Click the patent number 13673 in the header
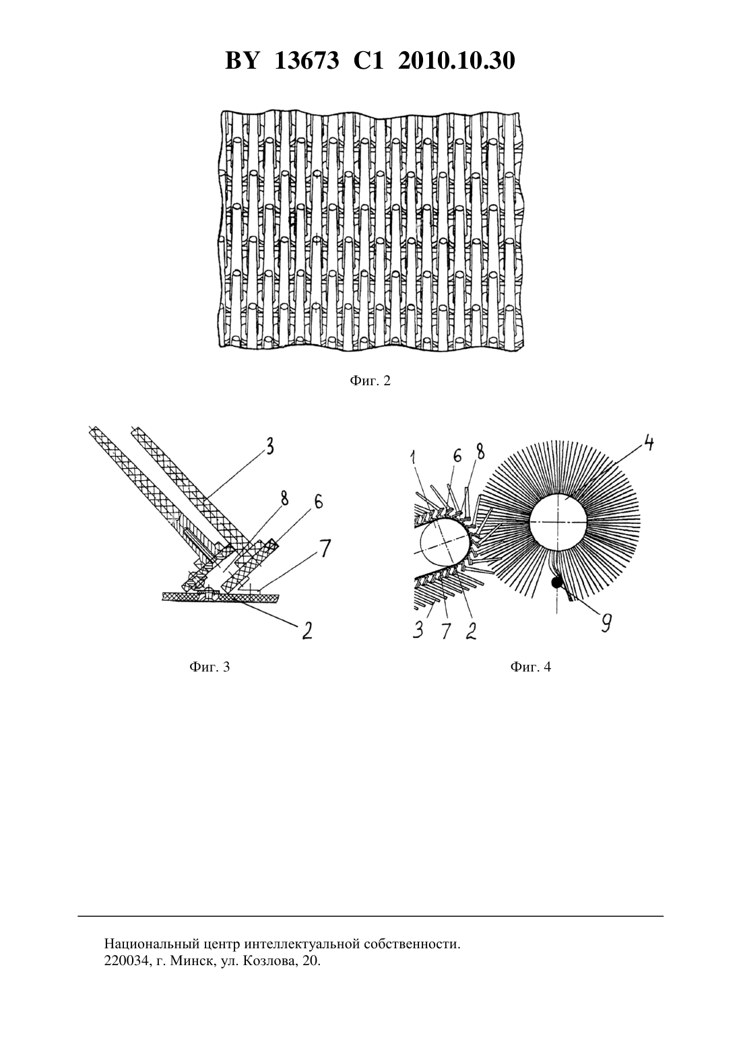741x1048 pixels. coord(307,61)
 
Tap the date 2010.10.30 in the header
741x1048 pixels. coord(457,61)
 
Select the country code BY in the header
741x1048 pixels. coord(241,61)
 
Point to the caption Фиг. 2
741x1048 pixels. coord(370,381)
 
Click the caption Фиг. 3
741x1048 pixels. coord(210,667)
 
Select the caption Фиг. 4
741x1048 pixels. coord(531,667)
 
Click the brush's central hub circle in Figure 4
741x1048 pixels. coord(558,521)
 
